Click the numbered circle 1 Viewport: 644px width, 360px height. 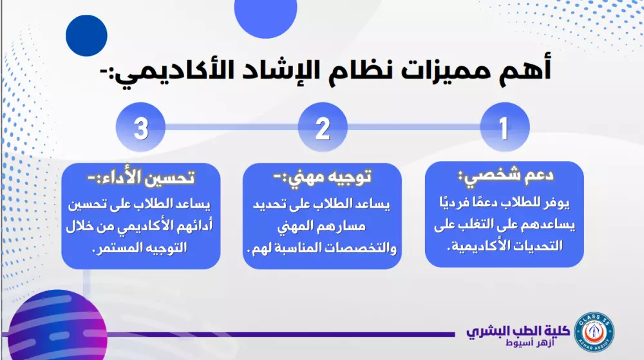(504, 128)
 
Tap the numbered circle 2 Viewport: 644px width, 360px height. (323, 128)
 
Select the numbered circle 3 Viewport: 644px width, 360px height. (141, 128)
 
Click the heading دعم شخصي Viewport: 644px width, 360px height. (506, 175)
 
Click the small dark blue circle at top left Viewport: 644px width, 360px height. (86, 35)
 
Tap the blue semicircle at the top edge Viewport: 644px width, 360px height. (265, 16)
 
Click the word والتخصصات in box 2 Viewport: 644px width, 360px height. (366, 247)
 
